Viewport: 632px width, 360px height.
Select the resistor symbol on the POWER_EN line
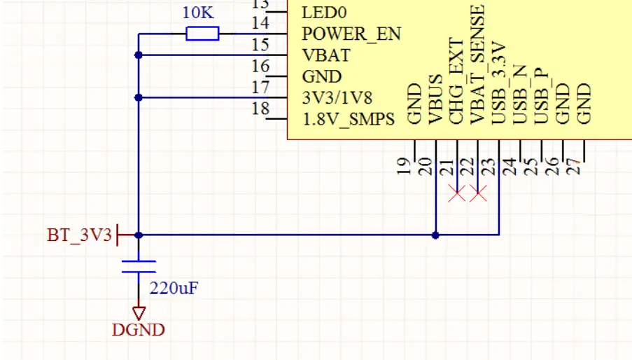pos(203,34)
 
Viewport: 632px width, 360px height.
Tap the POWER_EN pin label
pos(351,34)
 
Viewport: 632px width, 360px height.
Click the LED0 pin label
pos(324,12)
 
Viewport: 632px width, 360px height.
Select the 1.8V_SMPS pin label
pos(348,119)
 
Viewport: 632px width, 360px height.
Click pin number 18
pos(260,109)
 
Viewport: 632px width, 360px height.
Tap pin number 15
pos(260,45)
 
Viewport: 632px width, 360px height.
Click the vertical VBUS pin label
pos(435,99)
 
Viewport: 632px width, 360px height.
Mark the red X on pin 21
pos(456,194)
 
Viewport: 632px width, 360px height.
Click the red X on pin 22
pos(478,194)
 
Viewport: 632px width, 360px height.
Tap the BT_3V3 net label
pos(79,235)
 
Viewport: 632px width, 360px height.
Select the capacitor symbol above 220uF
pos(139,267)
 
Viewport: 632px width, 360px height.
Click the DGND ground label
pos(139,330)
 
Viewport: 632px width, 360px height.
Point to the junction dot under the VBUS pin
pos(435,235)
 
